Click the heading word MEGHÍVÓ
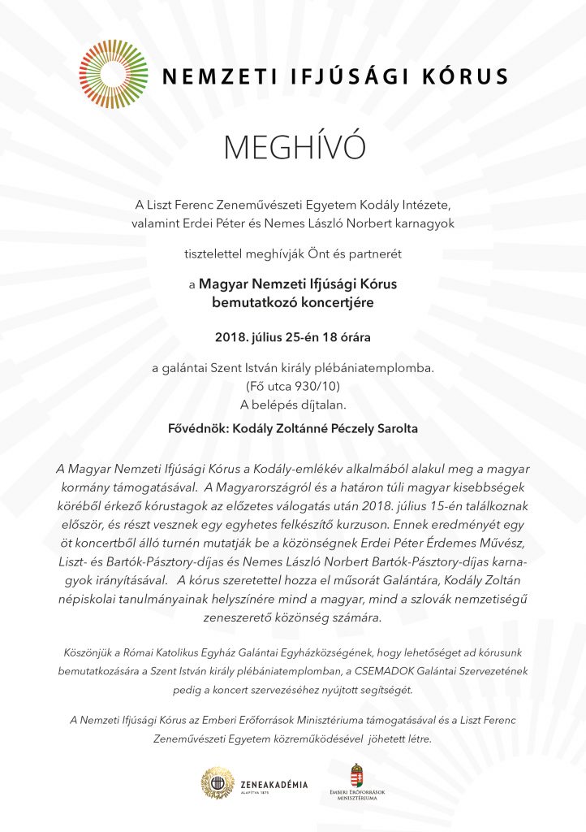[x=293, y=148]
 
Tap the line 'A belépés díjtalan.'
[x=293, y=404]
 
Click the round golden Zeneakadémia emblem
[x=218, y=782]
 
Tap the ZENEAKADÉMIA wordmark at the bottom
[x=274, y=784]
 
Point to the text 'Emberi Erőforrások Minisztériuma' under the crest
[x=357, y=795]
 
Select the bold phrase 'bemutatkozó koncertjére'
[x=292, y=302]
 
